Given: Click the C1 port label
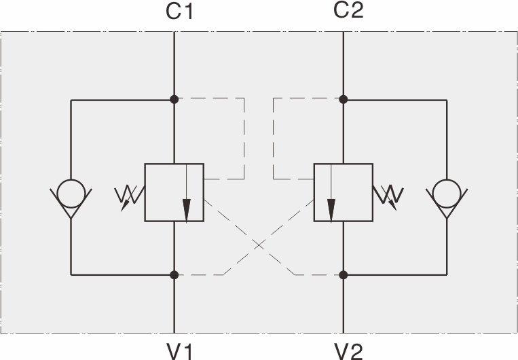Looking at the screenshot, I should pyautogui.click(x=180, y=12).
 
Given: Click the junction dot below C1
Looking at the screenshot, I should pyautogui.click(x=174, y=99).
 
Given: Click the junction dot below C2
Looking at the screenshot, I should pyautogui.click(x=344, y=99).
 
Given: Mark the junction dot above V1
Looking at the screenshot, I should pyautogui.click(x=174, y=274).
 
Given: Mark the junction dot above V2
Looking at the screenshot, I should pyautogui.click(x=344, y=274).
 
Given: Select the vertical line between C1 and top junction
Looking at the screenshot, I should pyautogui.click(x=174, y=65).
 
